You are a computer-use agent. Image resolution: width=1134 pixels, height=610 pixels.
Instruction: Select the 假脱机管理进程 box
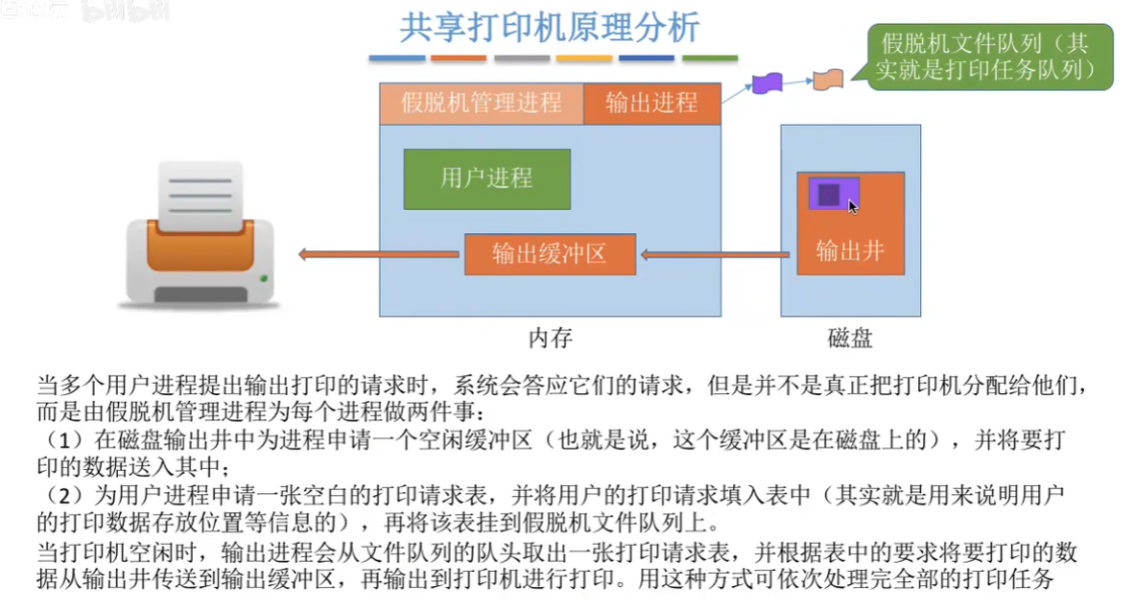pyautogui.click(x=481, y=103)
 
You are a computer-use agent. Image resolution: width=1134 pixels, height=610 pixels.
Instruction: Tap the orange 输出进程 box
pyautogui.click(x=651, y=103)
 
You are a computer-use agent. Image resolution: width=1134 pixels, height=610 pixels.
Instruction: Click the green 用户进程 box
pyautogui.click(x=486, y=178)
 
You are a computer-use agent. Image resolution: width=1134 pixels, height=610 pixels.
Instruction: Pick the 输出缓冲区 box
pyautogui.click(x=550, y=254)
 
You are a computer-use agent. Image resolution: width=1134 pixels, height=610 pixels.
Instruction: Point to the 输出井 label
pyautogui.click(x=849, y=251)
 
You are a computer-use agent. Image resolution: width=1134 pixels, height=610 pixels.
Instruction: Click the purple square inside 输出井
pyautogui.click(x=830, y=195)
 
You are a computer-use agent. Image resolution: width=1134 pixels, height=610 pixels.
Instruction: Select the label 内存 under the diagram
pyautogui.click(x=550, y=338)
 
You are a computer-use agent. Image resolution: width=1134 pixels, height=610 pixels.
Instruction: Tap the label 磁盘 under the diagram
pyautogui.click(x=850, y=338)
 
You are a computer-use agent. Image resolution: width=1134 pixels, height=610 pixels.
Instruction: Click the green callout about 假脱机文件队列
pyautogui.click(x=990, y=57)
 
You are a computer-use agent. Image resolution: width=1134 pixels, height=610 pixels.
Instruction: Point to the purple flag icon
pyautogui.click(x=767, y=82)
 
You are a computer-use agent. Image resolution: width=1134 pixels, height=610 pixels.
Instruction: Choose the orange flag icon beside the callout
pyautogui.click(x=828, y=79)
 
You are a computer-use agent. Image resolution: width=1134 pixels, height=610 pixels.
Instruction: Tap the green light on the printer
pyautogui.click(x=264, y=280)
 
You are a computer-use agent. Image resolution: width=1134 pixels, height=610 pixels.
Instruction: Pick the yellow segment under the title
pyautogui.click(x=584, y=59)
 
